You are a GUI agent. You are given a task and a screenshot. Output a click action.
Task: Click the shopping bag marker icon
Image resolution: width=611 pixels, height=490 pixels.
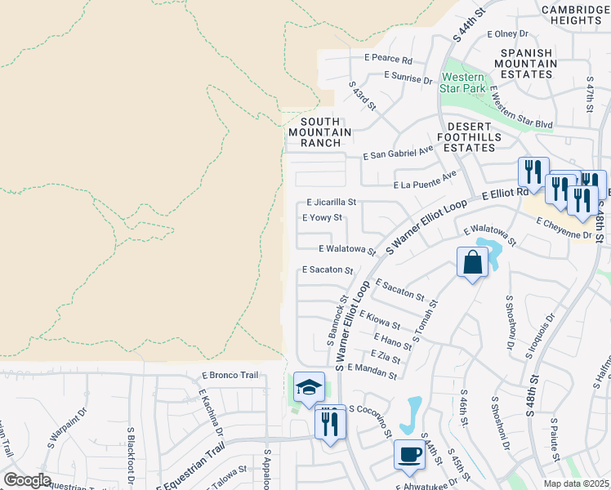click(x=473, y=262)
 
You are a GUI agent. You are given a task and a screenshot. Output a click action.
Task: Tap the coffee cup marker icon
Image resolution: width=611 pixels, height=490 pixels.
click(x=409, y=454)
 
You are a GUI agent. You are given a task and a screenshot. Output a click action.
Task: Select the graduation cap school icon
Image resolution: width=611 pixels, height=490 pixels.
click(x=309, y=388)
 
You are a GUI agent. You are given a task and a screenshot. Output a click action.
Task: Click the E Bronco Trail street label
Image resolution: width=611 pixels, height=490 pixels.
click(x=230, y=375)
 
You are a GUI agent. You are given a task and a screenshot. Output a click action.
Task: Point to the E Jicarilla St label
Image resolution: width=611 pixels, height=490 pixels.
click(x=332, y=202)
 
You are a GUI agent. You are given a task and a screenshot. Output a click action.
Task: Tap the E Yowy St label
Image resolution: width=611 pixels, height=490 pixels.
click(x=322, y=218)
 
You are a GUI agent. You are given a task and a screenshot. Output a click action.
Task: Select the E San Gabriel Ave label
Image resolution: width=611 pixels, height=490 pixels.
click(x=398, y=154)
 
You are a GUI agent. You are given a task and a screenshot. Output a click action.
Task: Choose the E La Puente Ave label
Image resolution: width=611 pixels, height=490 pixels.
click(x=424, y=180)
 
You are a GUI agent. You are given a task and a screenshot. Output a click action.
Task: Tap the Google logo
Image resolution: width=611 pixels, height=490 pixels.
click(x=28, y=480)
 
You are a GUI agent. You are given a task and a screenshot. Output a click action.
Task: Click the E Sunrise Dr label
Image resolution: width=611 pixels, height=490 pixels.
click(x=408, y=79)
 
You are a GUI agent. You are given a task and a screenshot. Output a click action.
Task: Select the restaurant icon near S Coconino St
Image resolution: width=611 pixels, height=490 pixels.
click(x=330, y=423)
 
